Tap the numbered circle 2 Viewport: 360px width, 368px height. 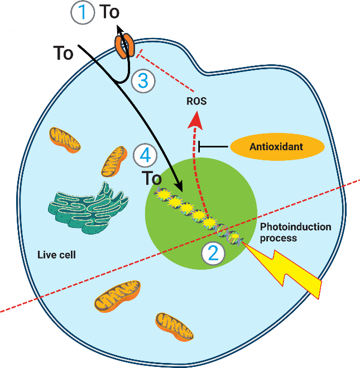[213, 253]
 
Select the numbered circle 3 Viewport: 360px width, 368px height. [143, 81]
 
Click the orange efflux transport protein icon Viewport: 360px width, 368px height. [124, 46]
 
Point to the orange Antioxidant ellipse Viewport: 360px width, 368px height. [277, 147]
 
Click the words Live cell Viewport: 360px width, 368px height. [56, 255]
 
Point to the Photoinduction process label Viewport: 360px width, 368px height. [295, 232]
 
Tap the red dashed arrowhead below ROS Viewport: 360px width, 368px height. [195, 119]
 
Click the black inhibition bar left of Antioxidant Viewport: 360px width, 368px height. [199, 147]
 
